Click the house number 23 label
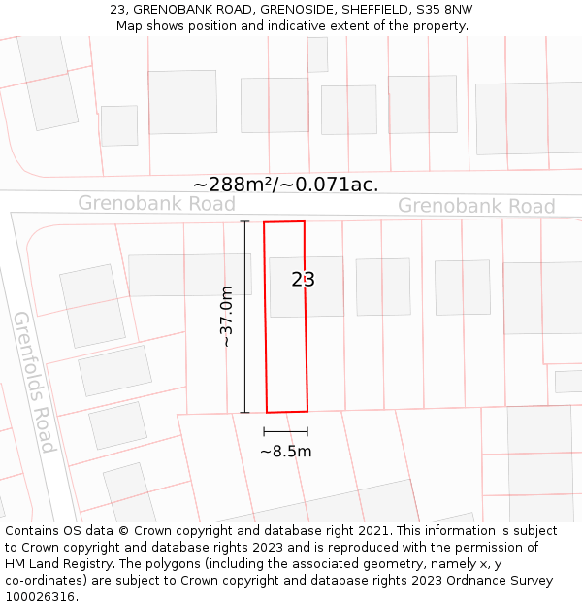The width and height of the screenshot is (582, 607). click(x=304, y=280)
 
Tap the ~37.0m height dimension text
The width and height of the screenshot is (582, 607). click(x=227, y=317)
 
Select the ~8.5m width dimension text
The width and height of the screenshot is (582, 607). click(x=285, y=452)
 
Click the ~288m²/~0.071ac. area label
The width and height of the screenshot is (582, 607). click(x=286, y=184)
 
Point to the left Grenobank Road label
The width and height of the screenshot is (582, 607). click(x=156, y=203)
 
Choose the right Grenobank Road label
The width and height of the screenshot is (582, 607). click(x=476, y=206)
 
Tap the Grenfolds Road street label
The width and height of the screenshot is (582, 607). click(x=34, y=382)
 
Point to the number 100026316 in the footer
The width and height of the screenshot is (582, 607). click(x=40, y=597)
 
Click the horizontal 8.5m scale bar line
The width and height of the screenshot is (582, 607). click(x=285, y=431)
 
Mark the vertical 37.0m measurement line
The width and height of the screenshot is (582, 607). click(x=244, y=317)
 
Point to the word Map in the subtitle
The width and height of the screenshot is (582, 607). click(x=130, y=25)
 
